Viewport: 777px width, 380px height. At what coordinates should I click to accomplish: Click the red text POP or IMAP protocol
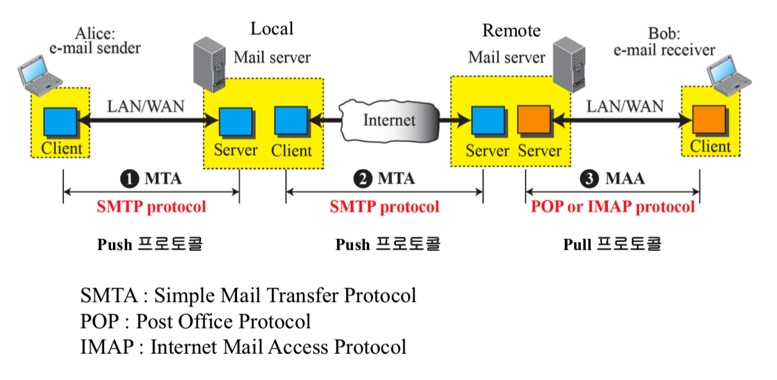point(613,207)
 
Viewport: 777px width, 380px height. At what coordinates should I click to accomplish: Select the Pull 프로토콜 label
point(612,244)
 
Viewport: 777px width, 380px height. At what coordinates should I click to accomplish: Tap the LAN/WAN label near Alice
point(146,106)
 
